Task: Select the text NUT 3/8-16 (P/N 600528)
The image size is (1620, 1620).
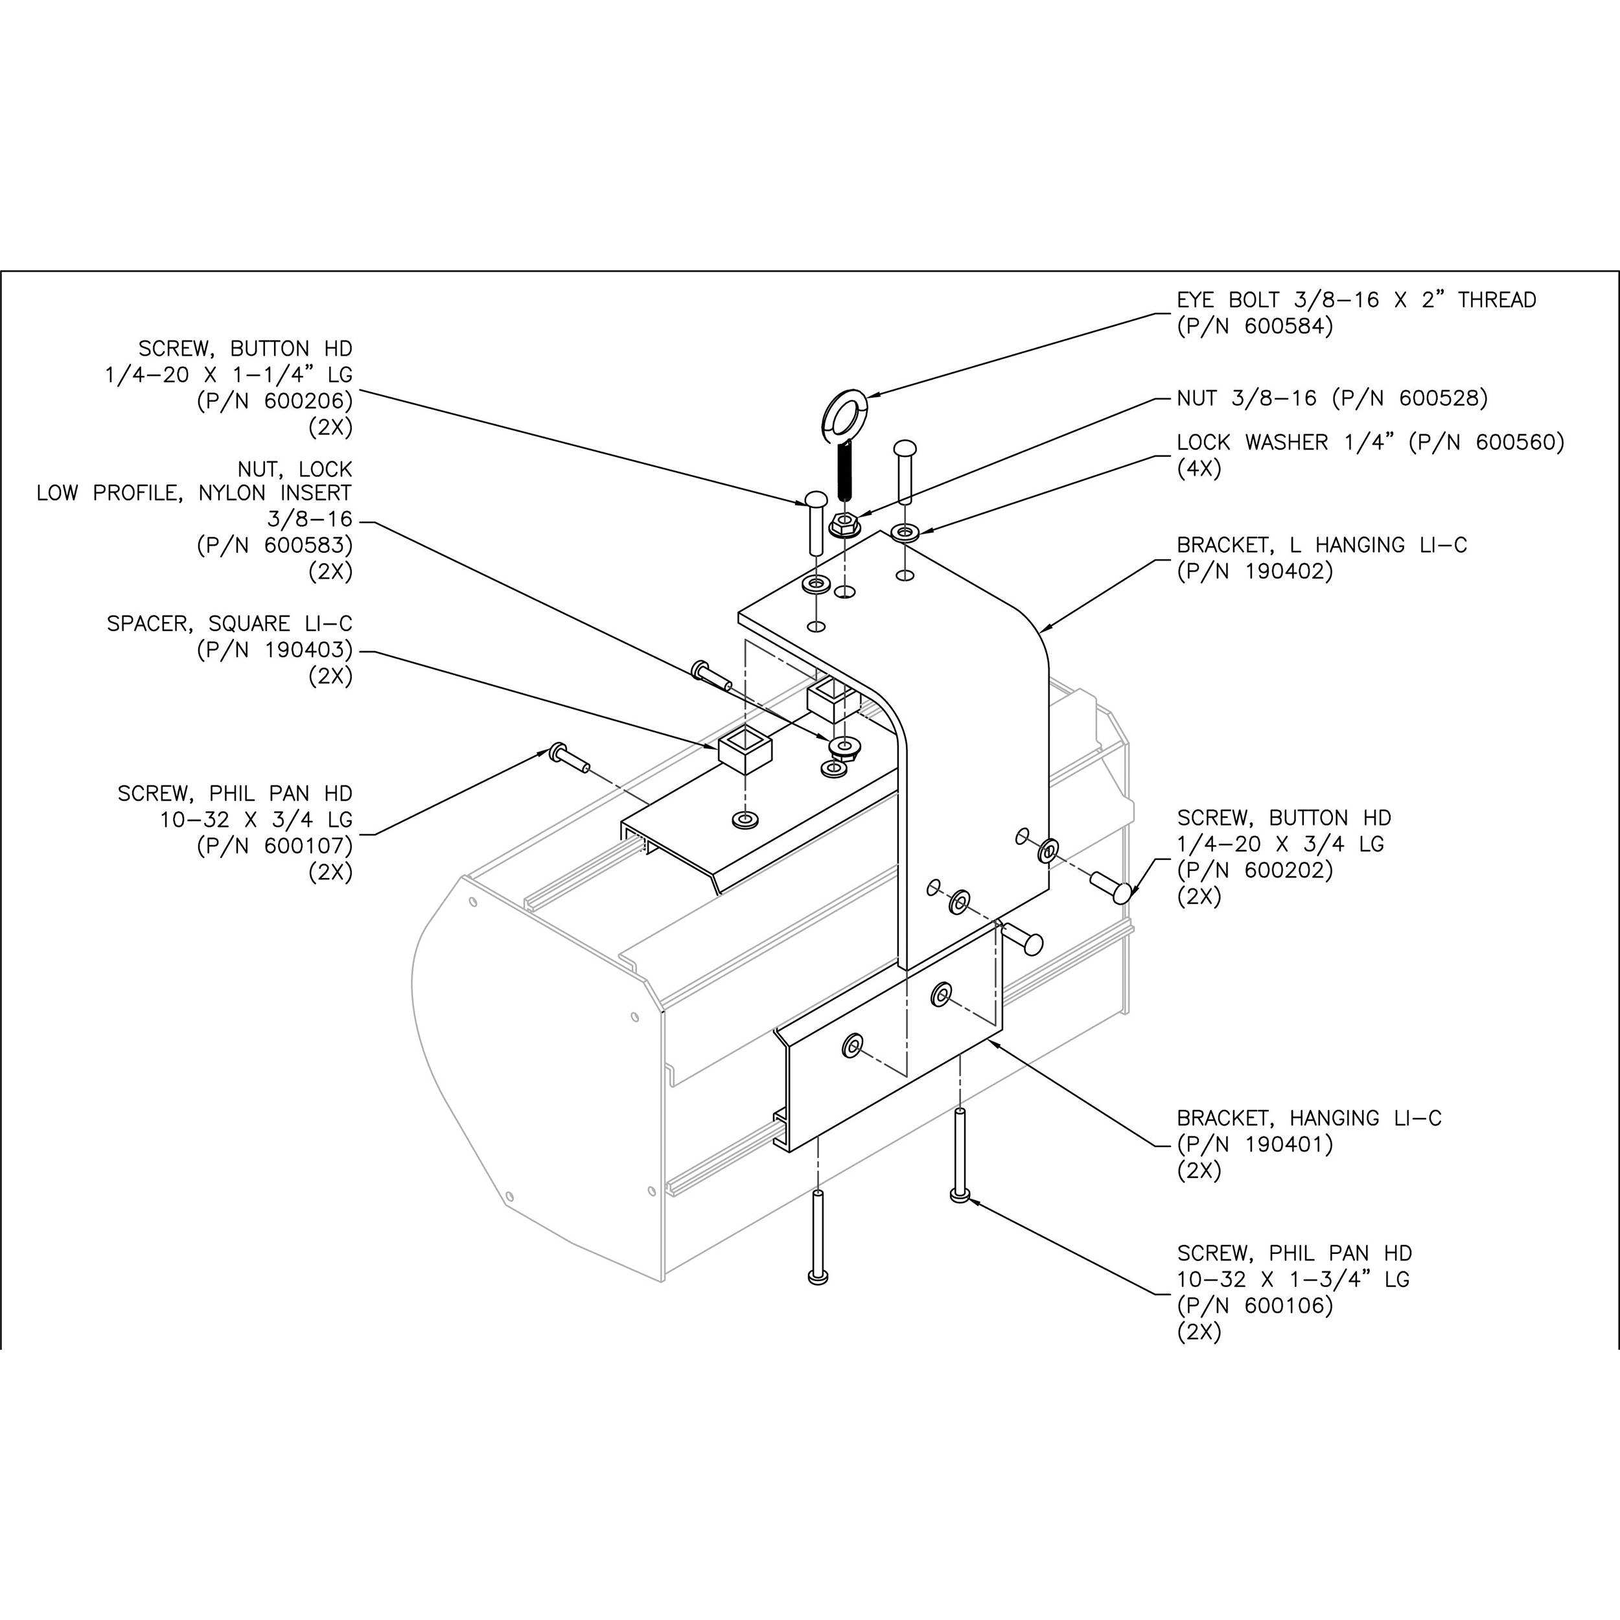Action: (x=1332, y=399)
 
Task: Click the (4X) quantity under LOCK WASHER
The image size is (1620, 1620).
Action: (x=1199, y=469)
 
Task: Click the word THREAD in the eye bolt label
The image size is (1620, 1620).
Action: (x=1497, y=300)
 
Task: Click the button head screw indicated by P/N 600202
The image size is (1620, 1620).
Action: (x=1113, y=888)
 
